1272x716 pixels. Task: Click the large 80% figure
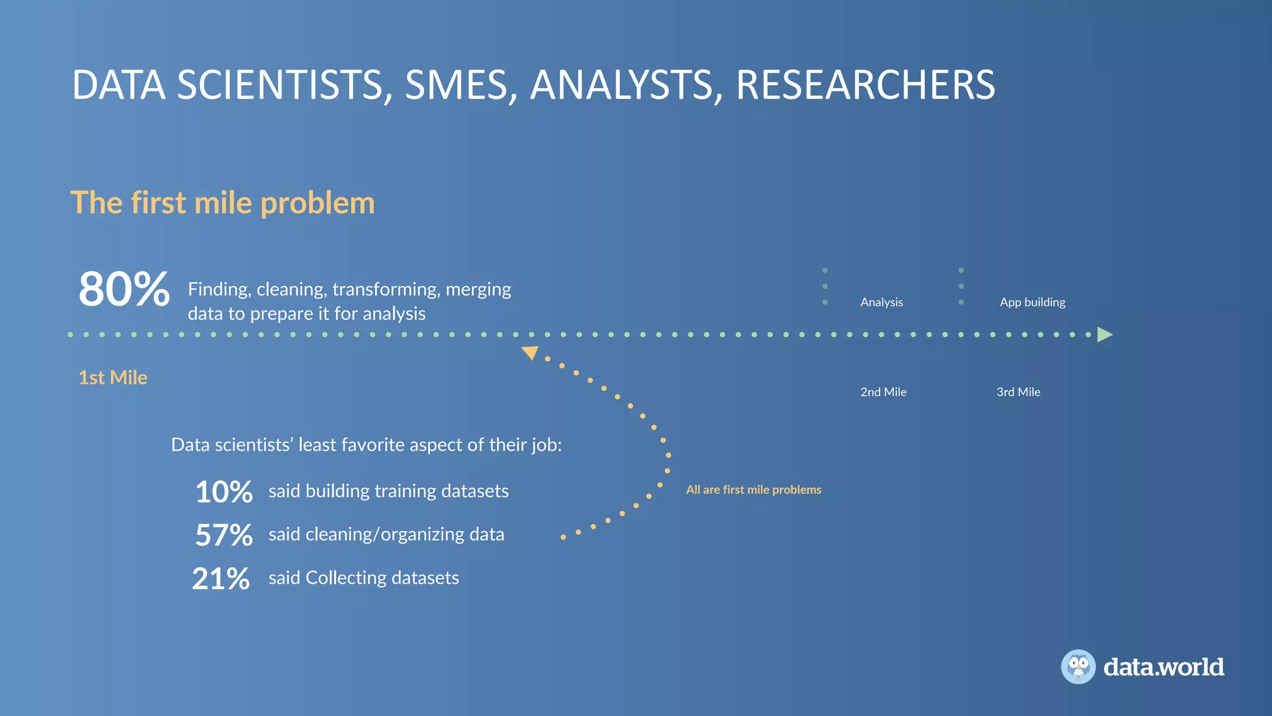click(x=124, y=290)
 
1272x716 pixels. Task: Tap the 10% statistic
click(x=224, y=492)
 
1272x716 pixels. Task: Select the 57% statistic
click(x=224, y=535)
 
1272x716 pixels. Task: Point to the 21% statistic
click(x=221, y=579)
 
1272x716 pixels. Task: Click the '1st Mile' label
click(x=113, y=377)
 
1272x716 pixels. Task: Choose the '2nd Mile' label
click(x=883, y=392)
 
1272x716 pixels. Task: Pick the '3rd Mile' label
click(x=1019, y=392)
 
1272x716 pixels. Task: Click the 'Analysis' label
click(x=881, y=302)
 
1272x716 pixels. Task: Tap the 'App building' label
click(x=1032, y=302)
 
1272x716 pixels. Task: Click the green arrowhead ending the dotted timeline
click(x=1104, y=334)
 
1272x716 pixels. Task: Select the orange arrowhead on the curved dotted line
click(x=530, y=353)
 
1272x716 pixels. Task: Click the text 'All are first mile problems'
click(x=753, y=490)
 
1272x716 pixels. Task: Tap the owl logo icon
click(x=1078, y=667)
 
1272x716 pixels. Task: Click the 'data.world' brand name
click(x=1163, y=667)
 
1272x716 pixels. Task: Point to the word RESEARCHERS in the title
click(x=865, y=85)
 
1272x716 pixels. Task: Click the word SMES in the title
click(x=460, y=85)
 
